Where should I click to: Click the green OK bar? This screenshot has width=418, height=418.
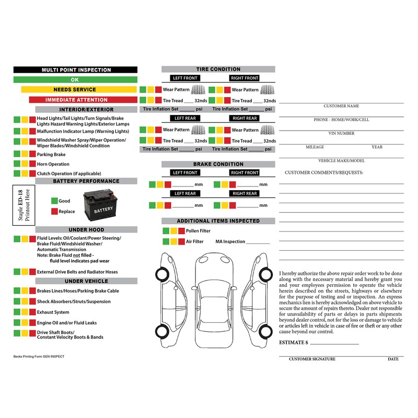[x=75, y=79]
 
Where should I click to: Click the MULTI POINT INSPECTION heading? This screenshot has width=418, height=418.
[x=76, y=69]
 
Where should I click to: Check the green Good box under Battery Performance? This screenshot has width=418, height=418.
[x=54, y=201]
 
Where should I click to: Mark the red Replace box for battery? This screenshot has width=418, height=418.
[x=54, y=212]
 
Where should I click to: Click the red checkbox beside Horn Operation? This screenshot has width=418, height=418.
[x=32, y=164]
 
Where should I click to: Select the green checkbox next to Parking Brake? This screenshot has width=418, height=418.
[x=17, y=155]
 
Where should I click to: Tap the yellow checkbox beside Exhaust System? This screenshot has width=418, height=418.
[x=25, y=312]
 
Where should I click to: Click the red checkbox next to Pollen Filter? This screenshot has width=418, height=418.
[x=181, y=230]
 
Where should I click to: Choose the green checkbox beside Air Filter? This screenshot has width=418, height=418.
[x=166, y=241]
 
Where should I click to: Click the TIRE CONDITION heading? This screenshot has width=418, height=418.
[x=218, y=69]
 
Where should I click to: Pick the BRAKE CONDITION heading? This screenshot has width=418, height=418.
[x=218, y=164]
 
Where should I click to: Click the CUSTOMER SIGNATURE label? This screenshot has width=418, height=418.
[x=312, y=359]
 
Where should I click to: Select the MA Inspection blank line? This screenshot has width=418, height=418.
[x=258, y=243]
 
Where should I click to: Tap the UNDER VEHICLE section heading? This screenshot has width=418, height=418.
[x=86, y=281]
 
